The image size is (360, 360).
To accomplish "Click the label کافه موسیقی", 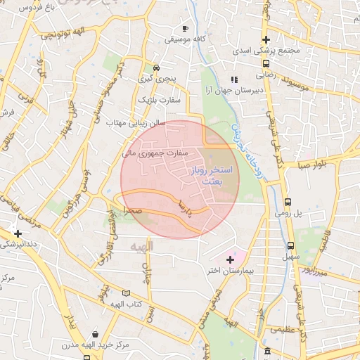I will (x=185, y=39).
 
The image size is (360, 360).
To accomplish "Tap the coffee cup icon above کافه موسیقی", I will (x=185, y=29).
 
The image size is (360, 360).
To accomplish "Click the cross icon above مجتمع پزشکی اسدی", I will (x=266, y=39).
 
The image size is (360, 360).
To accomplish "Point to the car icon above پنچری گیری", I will (x=156, y=68).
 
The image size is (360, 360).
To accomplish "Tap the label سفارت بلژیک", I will (x=158, y=101).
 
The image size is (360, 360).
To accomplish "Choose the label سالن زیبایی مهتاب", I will (x=136, y=122).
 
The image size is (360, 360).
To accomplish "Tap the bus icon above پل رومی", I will (x=287, y=201).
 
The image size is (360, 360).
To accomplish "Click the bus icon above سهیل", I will (x=291, y=245).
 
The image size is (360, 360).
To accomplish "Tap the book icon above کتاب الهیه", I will (x=127, y=292).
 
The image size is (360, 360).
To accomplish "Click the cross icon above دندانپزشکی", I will (x=18, y=233).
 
